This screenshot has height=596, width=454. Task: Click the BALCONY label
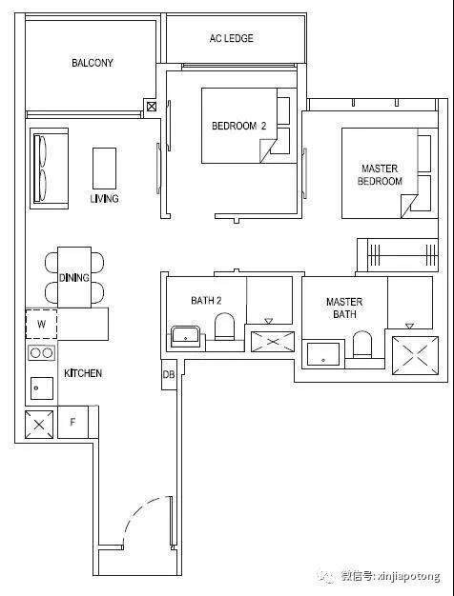point(93,63)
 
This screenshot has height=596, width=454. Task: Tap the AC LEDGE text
point(231,38)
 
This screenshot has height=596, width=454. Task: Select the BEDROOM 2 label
point(238,126)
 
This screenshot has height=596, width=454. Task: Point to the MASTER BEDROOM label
point(380,175)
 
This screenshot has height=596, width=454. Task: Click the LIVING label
point(104,198)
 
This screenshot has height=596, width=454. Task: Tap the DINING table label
point(74,278)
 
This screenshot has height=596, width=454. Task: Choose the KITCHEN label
point(83,373)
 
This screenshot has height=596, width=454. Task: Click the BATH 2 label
point(206,301)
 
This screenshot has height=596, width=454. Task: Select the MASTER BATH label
point(344,308)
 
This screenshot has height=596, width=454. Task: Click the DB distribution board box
point(169,374)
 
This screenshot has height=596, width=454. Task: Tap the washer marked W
point(42,325)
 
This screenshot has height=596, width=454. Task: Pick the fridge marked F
point(72,422)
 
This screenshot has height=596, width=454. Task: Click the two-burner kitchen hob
point(42,353)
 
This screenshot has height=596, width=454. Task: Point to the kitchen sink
point(42,388)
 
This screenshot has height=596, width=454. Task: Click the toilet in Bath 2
point(224,327)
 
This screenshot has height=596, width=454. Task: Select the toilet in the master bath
point(361,345)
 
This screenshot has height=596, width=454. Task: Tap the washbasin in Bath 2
point(185,336)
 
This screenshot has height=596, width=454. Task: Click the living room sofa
point(50,169)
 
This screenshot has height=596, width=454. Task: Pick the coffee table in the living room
point(104,169)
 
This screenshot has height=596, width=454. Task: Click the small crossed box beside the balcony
point(152,107)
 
